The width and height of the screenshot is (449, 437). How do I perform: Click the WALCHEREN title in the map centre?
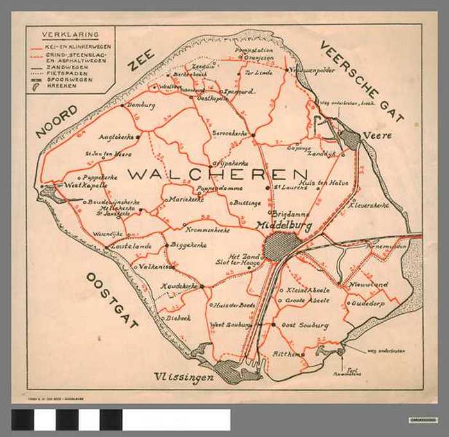[x=217, y=174]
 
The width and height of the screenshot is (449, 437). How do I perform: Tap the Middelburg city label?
[x=284, y=226]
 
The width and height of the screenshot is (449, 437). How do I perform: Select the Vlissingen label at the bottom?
[x=183, y=378]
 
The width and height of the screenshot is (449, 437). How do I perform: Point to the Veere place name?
[x=377, y=136]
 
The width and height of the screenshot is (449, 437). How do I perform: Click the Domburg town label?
[x=141, y=105]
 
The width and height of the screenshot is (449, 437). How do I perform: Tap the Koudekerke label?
[x=180, y=286]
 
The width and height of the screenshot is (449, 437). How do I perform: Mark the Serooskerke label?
[x=229, y=133]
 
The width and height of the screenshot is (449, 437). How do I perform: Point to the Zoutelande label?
[x=131, y=246]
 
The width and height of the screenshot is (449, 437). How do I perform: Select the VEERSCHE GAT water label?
[x=361, y=81]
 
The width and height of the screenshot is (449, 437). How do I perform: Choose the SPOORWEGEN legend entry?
[x=70, y=80]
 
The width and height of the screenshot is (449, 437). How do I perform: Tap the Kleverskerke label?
[x=369, y=205]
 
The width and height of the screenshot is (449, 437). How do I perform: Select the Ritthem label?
[x=287, y=354]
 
